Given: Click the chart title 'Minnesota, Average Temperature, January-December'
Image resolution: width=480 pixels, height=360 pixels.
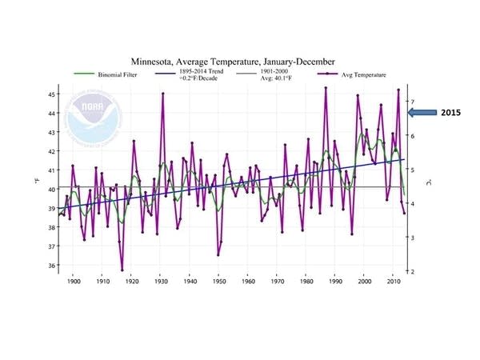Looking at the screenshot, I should (233, 61).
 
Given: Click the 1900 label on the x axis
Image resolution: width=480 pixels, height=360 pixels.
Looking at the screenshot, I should (74, 282).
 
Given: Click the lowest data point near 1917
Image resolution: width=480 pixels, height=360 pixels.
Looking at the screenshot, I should (122, 270).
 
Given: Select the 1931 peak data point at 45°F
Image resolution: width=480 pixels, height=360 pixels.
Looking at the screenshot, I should (162, 94).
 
